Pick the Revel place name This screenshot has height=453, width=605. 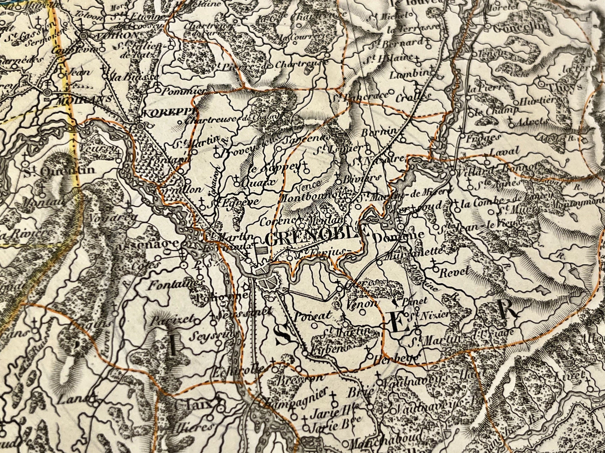pyautogui.click(x=454, y=271)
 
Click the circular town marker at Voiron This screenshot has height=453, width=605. pyautogui.click(x=84, y=36)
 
